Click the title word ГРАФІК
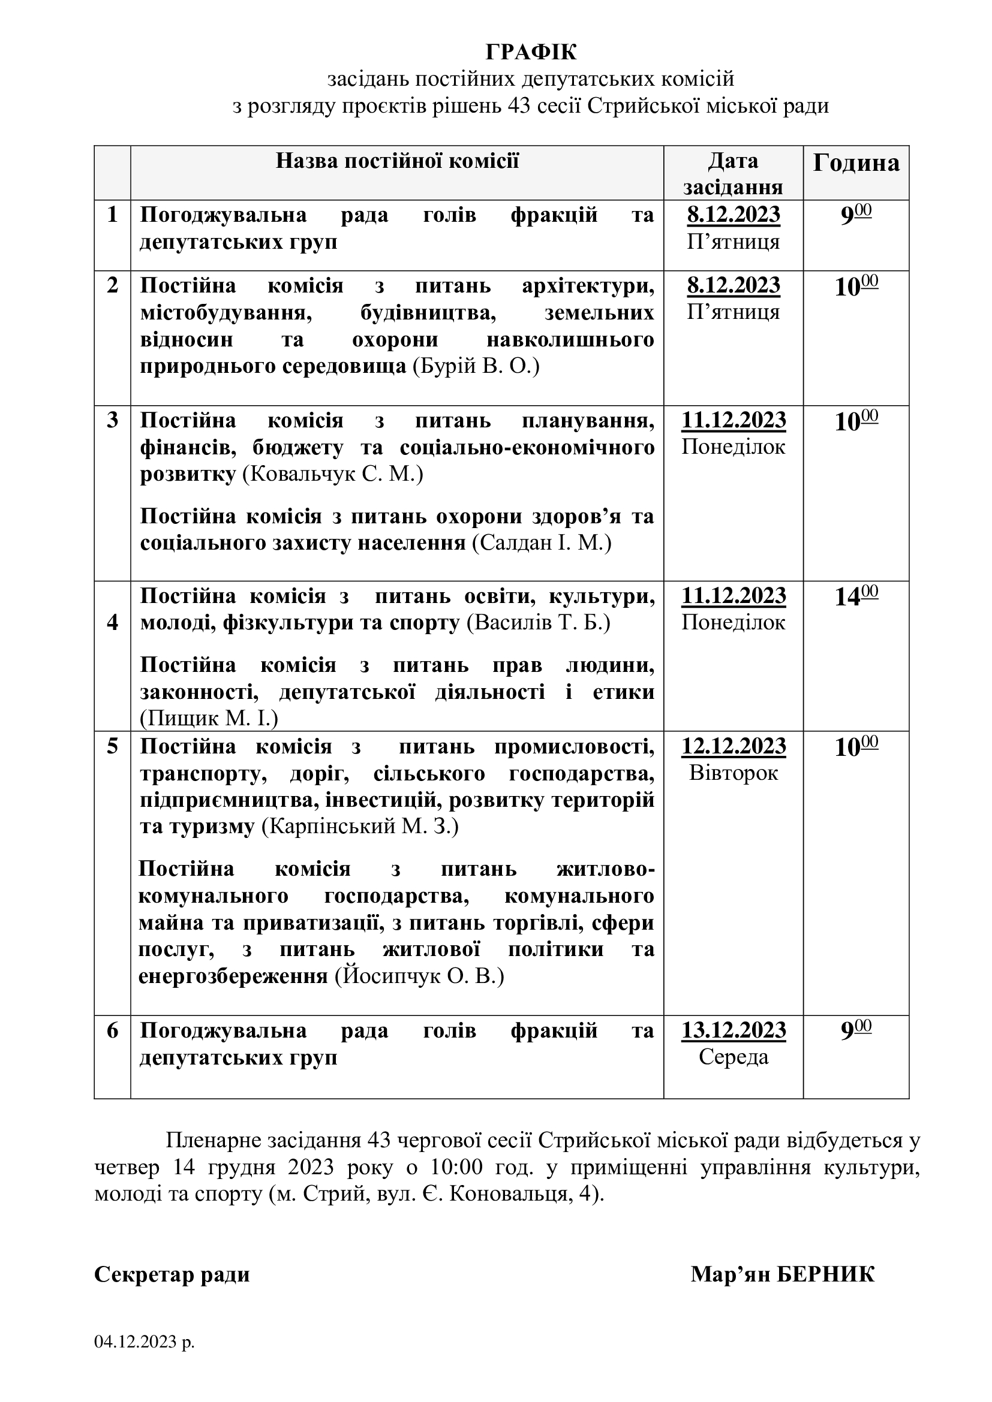click(531, 53)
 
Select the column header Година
click(856, 163)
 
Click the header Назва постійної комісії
click(397, 161)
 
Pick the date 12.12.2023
click(734, 746)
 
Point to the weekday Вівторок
click(734, 773)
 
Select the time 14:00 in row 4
click(856, 596)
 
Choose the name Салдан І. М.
click(542, 543)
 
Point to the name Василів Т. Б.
click(539, 623)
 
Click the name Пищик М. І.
click(209, 719)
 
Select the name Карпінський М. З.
click(360, 827)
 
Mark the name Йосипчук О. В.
click(419, 976)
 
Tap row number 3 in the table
click(112, 421)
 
